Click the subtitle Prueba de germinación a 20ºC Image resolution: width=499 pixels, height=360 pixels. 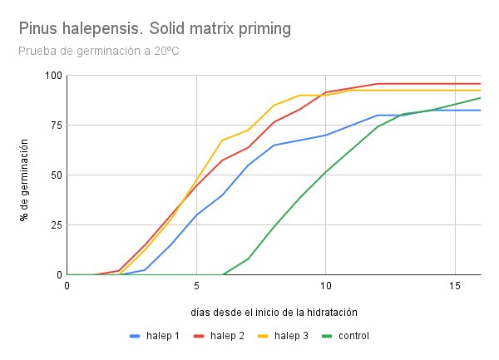tap(98, 52)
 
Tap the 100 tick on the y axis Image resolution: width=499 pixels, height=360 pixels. tap(54, 76)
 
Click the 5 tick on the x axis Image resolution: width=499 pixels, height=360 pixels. tap(196, 285)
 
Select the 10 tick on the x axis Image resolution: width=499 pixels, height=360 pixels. tap(325, 285)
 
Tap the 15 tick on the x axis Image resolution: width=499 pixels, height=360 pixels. tap(454, 285)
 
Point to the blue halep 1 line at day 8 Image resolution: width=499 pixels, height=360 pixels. tap(274, 145)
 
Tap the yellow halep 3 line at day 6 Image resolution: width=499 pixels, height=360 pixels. tap(222, 140)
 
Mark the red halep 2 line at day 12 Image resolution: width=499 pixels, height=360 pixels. tap(377, 83)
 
